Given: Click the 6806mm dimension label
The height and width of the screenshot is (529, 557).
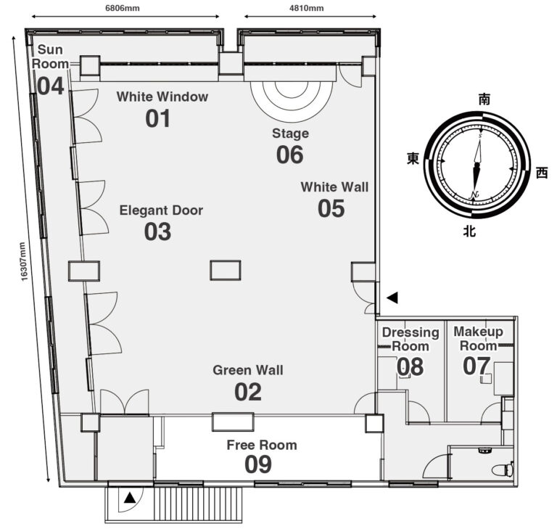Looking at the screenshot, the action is [x=122, y=8].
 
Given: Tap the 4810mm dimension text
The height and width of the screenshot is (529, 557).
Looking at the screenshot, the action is [x=307, y=8].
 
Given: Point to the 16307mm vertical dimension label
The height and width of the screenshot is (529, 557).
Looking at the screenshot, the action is [x=23, y=261].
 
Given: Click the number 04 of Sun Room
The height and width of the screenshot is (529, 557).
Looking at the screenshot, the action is [x=51, y=86].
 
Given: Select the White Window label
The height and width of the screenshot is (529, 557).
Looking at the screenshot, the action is [x=162, y=97].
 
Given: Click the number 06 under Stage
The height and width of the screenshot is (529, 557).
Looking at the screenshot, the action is [x=290, y=155].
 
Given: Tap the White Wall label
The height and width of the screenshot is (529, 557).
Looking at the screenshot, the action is [x=334, y=187].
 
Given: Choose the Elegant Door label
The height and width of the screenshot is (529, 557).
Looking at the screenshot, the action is [x=161, y=210].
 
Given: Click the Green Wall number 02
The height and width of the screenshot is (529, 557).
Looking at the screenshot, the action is [x=248, y=392].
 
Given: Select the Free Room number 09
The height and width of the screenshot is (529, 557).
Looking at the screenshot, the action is [x=258, y=464].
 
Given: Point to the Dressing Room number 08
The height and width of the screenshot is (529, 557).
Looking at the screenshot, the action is [x=410, y=366].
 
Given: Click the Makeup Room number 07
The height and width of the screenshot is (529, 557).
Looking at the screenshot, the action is [x=476, y=366].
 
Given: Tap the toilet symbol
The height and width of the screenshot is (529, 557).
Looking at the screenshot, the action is [x=503, y=469].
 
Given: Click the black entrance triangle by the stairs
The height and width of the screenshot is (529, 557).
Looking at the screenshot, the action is [x=130, y=497].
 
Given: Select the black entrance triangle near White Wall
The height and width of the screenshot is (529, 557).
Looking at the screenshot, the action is [x=392, y=298].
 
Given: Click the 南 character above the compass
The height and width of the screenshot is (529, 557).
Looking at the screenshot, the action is [x=484, y=99].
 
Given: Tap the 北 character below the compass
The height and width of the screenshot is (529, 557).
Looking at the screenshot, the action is [x=469, y=231].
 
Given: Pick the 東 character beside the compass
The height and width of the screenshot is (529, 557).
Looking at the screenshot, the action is [x=413, y=159].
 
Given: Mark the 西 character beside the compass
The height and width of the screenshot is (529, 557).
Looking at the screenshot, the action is [x=542, y=173].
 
